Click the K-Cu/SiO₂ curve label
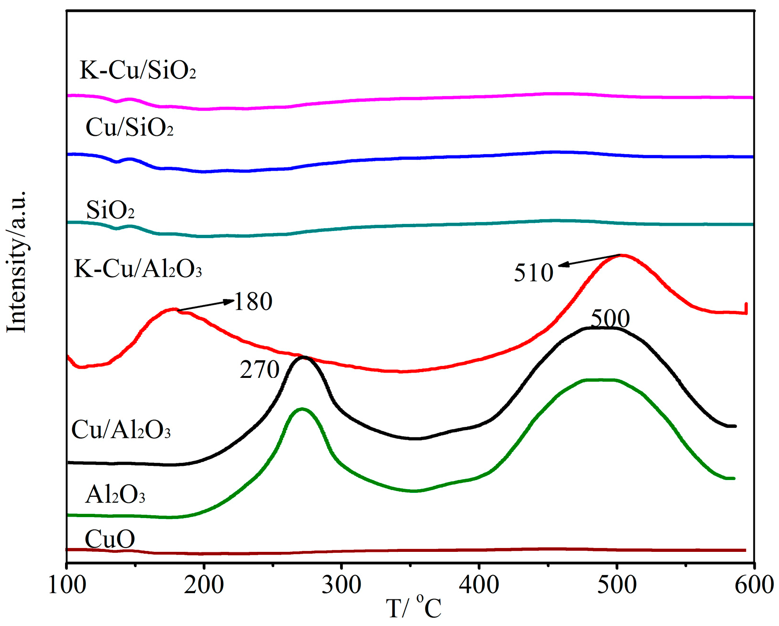click(x=138, y=70)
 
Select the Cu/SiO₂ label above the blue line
click(x=129, y=127)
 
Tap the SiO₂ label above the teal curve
click(x=110, y=210)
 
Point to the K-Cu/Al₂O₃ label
click(x=138, y=269)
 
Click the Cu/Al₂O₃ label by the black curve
click(x=121, y=430)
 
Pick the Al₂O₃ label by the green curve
click(x=115, y=495)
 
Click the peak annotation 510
click(x=533, y=273)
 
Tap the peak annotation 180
click(x=253, y=301)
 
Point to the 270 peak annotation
click(x=259, y=370)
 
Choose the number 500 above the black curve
click(x=610, y=318)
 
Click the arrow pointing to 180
click(x=206, y=306)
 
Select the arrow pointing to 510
click(x=589, y=260)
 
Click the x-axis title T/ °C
click(x=413, y=608)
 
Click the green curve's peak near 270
click(x=301, y=409)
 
